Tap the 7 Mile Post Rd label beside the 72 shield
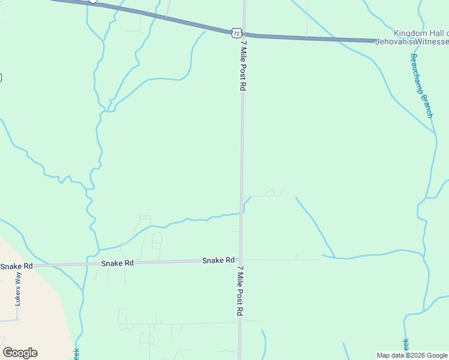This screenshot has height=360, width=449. (x=243, y=65)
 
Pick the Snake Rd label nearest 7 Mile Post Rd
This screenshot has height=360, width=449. (x=218, y=260)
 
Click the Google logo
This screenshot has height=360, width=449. (x=20, y=353)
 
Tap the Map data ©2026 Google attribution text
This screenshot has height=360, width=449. (x=412, y=355)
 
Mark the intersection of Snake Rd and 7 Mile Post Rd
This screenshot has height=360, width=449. (x=241, y=260)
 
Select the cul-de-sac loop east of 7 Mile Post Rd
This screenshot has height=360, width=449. (x=271, y=193)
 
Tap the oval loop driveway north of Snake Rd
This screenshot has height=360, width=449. (x=157, y=240)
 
